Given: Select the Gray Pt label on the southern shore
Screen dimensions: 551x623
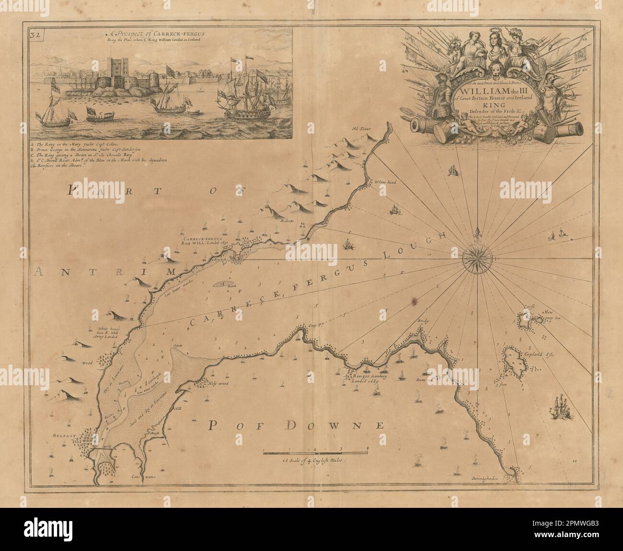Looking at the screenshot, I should (x=313, y=325).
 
